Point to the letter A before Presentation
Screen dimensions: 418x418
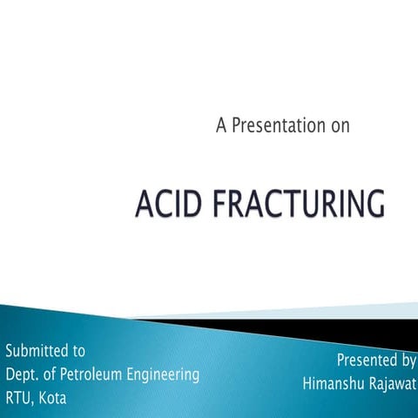tap(221, 125)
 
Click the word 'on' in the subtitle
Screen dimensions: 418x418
tap(340, 126)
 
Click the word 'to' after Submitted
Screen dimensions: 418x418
tap(78, 352)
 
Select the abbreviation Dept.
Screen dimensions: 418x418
tap(24, 375)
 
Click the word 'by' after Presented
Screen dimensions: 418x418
tap(408, 361)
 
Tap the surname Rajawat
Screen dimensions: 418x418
tap(393, 383)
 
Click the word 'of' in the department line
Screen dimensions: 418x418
tap(51, 375)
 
